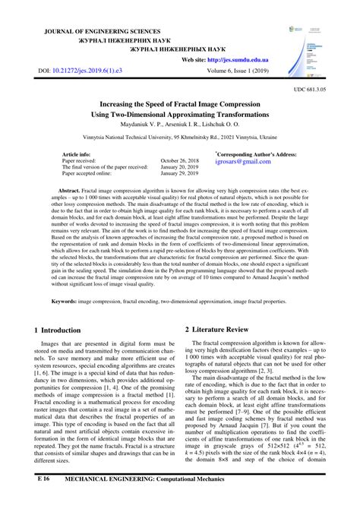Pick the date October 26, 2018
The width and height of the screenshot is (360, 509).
(180, 161)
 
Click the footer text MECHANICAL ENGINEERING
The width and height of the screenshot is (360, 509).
(118, 502)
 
